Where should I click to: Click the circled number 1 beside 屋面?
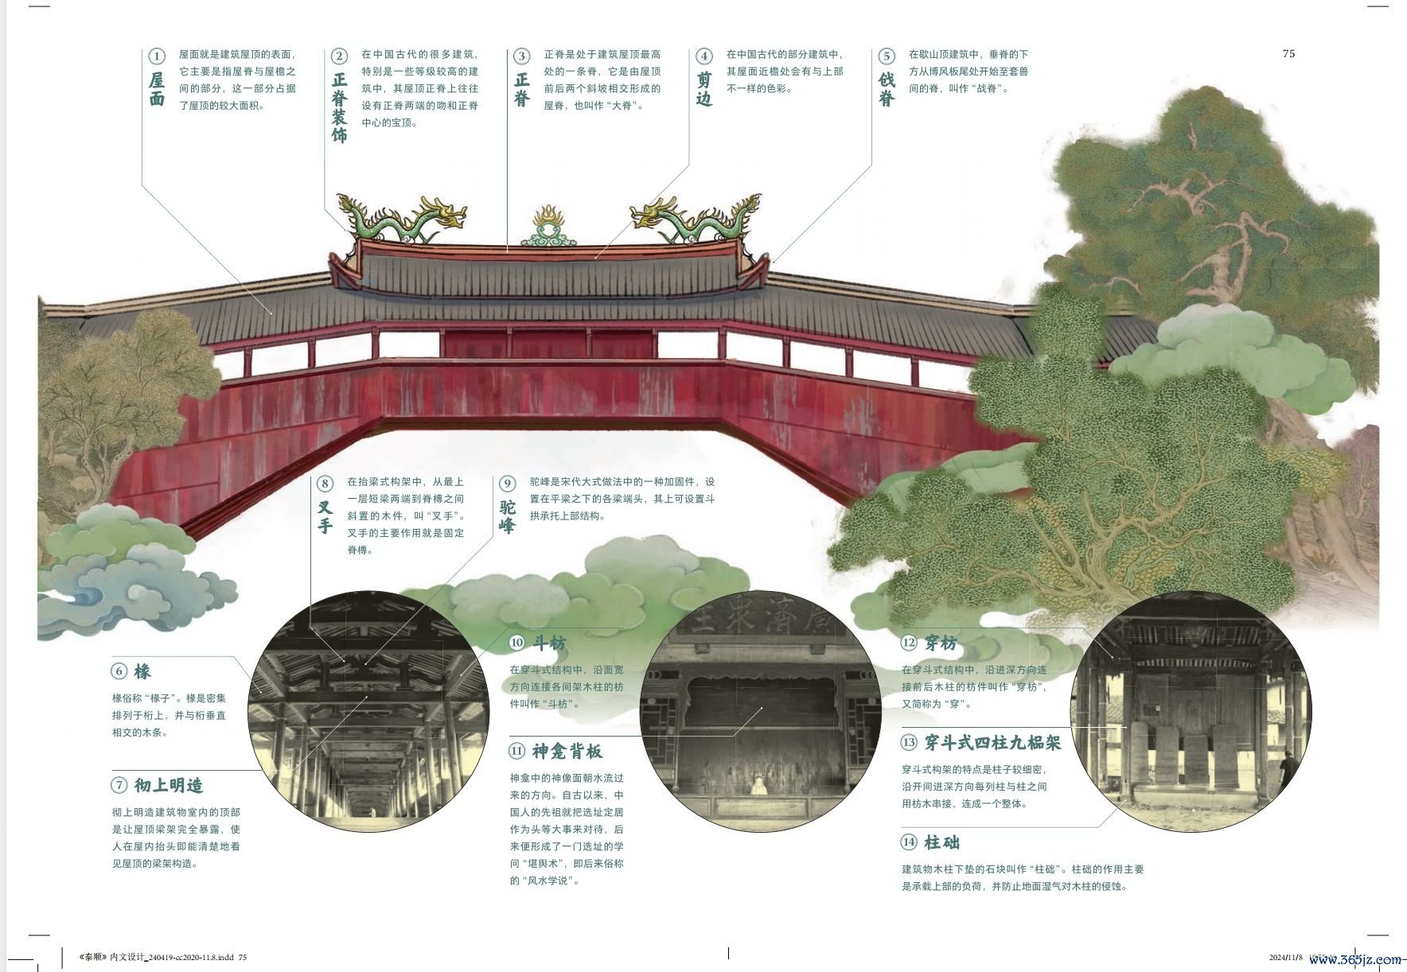(157, 56)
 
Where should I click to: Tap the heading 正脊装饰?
(340, 107)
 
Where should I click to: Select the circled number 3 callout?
(521, 56)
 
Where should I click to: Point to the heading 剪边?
(704, 89)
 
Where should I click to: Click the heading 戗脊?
(887, 89)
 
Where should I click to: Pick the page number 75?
(1288, 53)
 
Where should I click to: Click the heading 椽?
(142, 671)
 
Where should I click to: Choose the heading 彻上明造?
(169, 785)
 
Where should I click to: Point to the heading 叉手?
(325, 516)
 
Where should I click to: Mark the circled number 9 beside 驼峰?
(508, 483)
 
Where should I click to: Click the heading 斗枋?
(549, 643)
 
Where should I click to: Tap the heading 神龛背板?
(567, 751)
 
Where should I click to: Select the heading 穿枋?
(941, 643)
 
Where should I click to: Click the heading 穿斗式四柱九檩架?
(992, 743)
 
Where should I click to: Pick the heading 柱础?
(942, 842)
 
